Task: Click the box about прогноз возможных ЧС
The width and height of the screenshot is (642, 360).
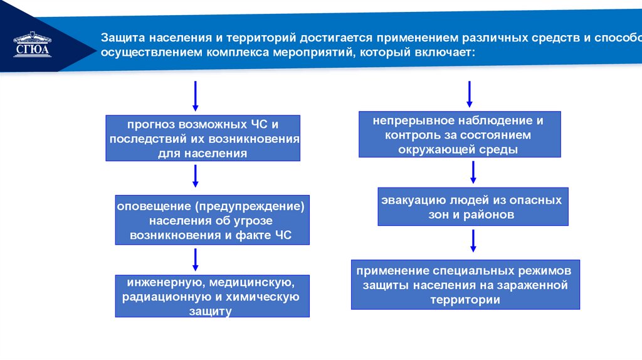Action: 204,139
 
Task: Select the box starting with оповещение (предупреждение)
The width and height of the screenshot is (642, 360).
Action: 213,220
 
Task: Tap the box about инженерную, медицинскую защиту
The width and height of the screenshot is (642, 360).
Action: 213,296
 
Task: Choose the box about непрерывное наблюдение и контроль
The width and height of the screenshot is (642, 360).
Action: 460,134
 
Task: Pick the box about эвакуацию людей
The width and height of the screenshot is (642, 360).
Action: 473,206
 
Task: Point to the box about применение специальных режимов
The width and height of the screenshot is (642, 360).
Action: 465,285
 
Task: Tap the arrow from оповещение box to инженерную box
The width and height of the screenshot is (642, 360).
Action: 195,259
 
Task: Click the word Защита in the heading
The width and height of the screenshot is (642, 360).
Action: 124,38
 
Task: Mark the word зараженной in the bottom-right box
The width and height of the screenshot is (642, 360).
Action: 536,285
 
